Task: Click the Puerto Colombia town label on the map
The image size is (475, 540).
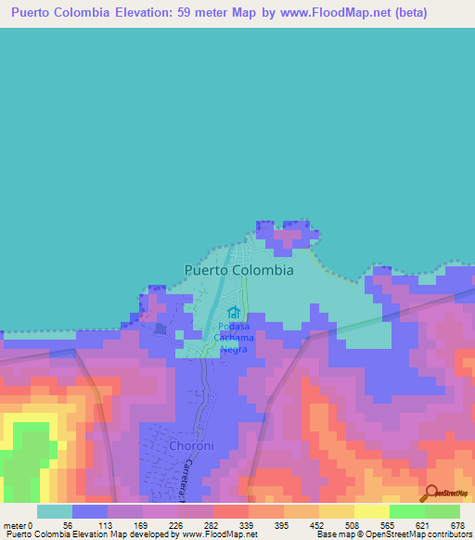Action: click(238, 270)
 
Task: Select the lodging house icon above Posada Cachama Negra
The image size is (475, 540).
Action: click(233, 313)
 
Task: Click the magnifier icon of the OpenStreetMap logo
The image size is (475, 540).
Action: click(431, 495)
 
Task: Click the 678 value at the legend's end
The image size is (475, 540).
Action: click(458, 524)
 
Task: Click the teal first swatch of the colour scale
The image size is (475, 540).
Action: click(54, 511)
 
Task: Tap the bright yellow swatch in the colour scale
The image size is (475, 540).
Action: click(371, 511)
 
